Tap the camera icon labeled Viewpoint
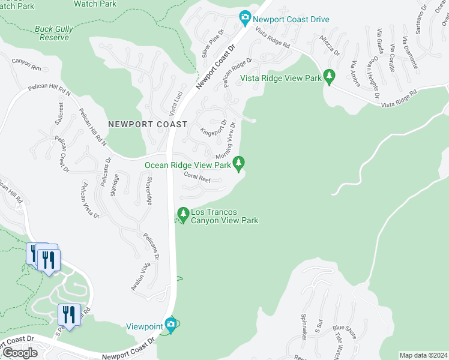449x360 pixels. pyautogui.click(x=171, y=326)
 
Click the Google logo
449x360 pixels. pyautogui.click(x=19, y=353)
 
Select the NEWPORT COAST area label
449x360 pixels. pyautogui.click(x=148, y=124)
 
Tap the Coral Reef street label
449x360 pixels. pyautogui.click(x=197, y=177)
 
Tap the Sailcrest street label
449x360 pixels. pyautogui.click(x=59, y=112)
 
